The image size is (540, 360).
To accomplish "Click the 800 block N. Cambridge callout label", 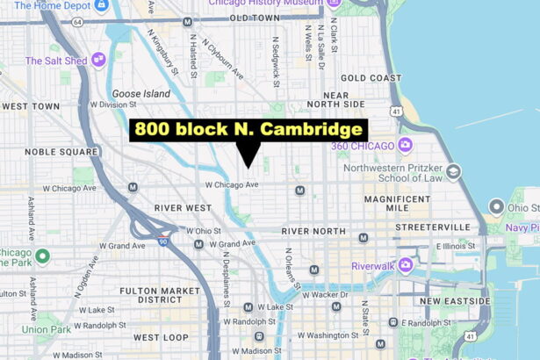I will pos(248,130).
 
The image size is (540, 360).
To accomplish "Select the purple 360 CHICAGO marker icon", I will pos(405,145).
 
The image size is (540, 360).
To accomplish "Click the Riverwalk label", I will pos(373,266).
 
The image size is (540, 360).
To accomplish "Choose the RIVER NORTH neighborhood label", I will pos(313,231).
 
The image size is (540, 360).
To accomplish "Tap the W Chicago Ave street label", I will pos(232,184).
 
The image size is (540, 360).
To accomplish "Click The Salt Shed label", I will pos(56,61).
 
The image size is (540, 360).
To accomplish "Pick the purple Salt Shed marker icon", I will pos(97,59).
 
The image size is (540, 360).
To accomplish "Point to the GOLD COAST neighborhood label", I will pos(364,78).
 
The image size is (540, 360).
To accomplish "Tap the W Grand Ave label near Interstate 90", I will pos(121,245).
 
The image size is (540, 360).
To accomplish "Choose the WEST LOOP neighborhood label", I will pos(161,337).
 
